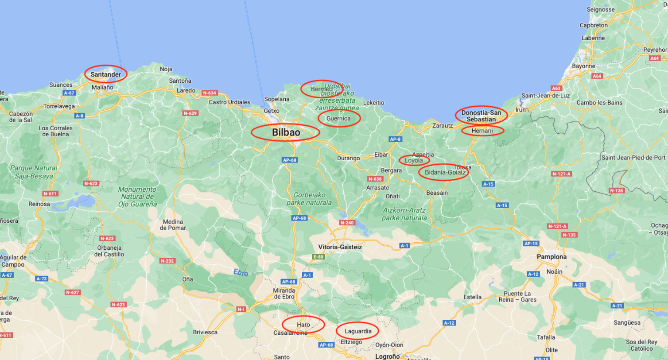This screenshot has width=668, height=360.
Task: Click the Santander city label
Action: point(105,74)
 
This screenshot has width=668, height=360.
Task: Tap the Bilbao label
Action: point(286,132)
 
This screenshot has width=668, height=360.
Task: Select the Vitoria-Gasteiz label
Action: point(340,247)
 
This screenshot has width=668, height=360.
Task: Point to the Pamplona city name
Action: point(551,257)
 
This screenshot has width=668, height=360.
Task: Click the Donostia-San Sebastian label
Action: point(481,116)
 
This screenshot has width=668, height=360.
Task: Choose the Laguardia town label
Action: point(358,331)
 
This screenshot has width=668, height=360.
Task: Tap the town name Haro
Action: point(303,325)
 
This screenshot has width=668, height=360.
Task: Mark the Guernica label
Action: point(338,119)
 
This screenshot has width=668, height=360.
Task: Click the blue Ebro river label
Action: point(241,273)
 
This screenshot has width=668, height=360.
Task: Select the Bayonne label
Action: point(583,66)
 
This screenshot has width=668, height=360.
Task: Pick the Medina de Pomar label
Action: point(173,225)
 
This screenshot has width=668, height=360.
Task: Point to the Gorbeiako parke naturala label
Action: point(309,199)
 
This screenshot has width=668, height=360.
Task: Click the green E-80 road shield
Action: point(318,257)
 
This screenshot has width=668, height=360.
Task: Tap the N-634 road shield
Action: point(210,93)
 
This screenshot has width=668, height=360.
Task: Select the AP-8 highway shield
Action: point(395,139)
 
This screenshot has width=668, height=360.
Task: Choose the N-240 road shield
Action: point(347,223)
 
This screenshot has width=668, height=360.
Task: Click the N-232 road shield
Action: point(167,261)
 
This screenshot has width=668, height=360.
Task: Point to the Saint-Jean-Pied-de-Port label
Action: point(633,158)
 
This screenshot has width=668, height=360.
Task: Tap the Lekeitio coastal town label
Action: point(373,103)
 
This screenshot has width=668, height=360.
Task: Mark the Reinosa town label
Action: point(39,204)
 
